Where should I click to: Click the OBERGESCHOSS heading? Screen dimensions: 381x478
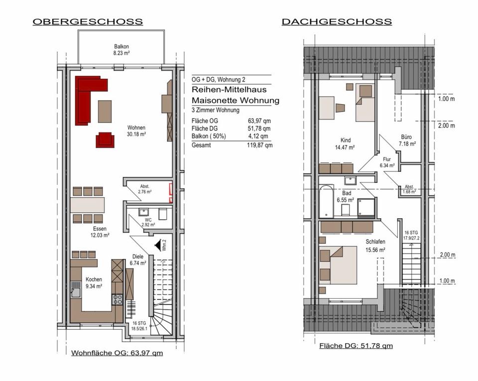point(88,22)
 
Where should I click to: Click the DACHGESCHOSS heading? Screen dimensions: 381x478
point(337,22)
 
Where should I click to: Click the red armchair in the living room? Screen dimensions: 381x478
point(105,139)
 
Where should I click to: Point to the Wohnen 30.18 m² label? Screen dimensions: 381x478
point(136,130)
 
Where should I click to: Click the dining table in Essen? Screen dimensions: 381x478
point(88,205)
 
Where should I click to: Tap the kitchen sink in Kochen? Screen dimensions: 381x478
point(76,289)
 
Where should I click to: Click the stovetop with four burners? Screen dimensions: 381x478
point(118,299)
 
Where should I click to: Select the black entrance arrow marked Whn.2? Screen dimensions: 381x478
point(159,246)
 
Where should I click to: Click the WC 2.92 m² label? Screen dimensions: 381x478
point(147,222)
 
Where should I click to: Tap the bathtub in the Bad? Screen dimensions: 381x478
point(326,202)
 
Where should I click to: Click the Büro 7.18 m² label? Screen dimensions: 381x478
point(407,140)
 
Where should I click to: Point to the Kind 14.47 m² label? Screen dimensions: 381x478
point(345,144)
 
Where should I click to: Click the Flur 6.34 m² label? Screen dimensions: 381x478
point(387,162)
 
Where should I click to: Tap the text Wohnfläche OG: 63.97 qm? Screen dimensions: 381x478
point(117,353)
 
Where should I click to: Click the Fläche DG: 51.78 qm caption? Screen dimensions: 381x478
point(356,345)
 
